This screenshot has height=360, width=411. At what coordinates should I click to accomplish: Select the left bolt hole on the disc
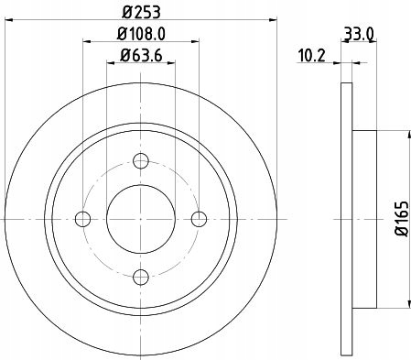[83, 219]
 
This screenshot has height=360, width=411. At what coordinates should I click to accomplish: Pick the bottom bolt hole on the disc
[140, 277]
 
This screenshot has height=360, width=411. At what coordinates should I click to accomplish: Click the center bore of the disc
[140, 219]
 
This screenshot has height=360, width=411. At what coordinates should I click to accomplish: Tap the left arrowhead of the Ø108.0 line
[87, 42]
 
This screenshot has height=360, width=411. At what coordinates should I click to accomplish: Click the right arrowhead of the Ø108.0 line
[195, 42]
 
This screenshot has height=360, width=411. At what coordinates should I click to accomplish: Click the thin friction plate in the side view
[345, 219]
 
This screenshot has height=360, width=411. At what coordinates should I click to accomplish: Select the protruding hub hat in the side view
[363, 219]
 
